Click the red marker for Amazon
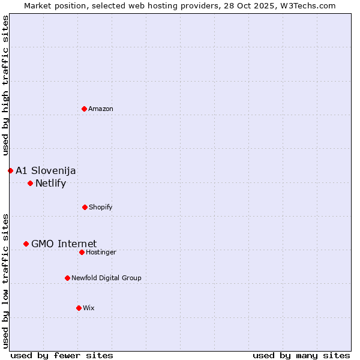pos(85,109)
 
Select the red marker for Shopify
pos(85,207)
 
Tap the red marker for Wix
pos(79,308)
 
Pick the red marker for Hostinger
pos(82,252)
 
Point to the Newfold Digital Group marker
pos(67,278)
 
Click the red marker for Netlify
pos(30,183)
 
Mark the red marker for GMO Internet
pos(26,244)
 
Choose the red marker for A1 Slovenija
pos(10,170)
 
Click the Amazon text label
pos(101,109)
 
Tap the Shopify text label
pos(101,207)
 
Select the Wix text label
pos(89,308)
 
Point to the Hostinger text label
pos(101,252)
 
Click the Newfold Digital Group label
pos(106,278)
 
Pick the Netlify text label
pos(50,183)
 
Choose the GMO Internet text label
pos(64,244)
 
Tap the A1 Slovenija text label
pos(46,170)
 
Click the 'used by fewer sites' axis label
pos(62,355)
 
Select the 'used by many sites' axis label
pos(301,355)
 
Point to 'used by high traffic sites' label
pos(6,85)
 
